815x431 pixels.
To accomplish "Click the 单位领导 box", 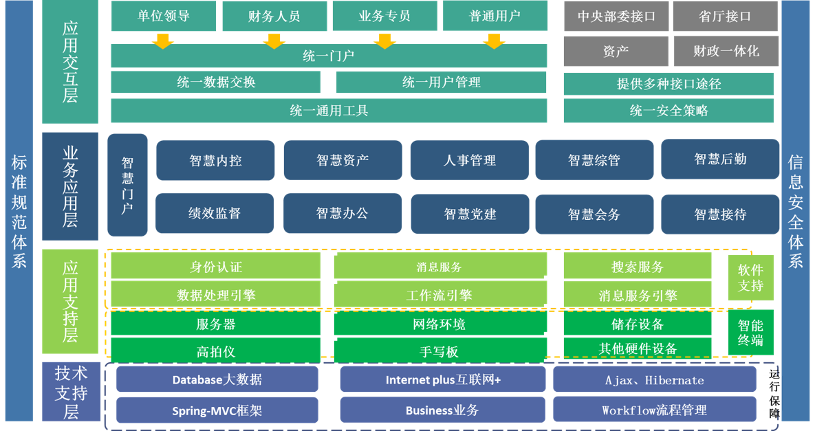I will pyautogui.click(x=163, y=16).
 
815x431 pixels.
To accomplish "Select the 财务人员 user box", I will pyautogui.click(x=274, y=16).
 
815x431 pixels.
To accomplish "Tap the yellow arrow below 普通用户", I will pyautogui.click(x=494, y=41).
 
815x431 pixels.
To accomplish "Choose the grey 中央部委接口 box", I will pyautogui.click(x=616, y=16).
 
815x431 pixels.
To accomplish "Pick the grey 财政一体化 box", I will pyautogui.click(x=726, y=51).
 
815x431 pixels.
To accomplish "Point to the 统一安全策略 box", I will pyautogui.click(x=668, y=111).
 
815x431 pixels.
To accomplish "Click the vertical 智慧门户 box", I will pyautogui.click(x=127, y=185).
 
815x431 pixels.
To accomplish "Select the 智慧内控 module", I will pyautogui.click(x=215, y=160).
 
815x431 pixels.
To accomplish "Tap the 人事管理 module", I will pyautogui.click(x=469, y=160).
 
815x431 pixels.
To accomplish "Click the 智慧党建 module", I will pyautogui.click(x=469, y=214).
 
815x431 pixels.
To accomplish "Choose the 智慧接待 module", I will pyautogui.click(x=719, y=214).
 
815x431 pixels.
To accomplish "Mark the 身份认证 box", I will pyautogui.click(x=215, y=267).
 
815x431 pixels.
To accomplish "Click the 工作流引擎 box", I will pyautogui.click(x=439, y=295).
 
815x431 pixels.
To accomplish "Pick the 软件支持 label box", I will pyautogui.click(x=750, y=277).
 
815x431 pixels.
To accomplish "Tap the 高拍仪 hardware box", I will pyautogui.click(x=215, y=351).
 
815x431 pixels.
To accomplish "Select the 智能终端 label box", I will pyautogui.click(x=750, y=332).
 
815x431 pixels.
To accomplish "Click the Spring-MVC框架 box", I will pyautogui.click(x=217, y=410).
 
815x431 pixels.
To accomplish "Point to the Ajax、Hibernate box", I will pyautogui.click(x=654, y=380).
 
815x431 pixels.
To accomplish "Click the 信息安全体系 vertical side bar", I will pyautogui.click(x=796, y=210).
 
